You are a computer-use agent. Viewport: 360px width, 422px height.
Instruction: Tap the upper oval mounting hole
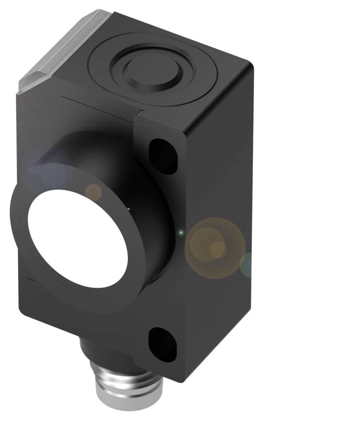click(x=163, y=156)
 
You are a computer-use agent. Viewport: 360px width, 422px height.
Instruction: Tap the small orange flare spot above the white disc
click(x=94, y=192)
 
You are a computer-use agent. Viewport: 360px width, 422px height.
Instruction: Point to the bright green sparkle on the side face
click(x=181, y=232)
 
